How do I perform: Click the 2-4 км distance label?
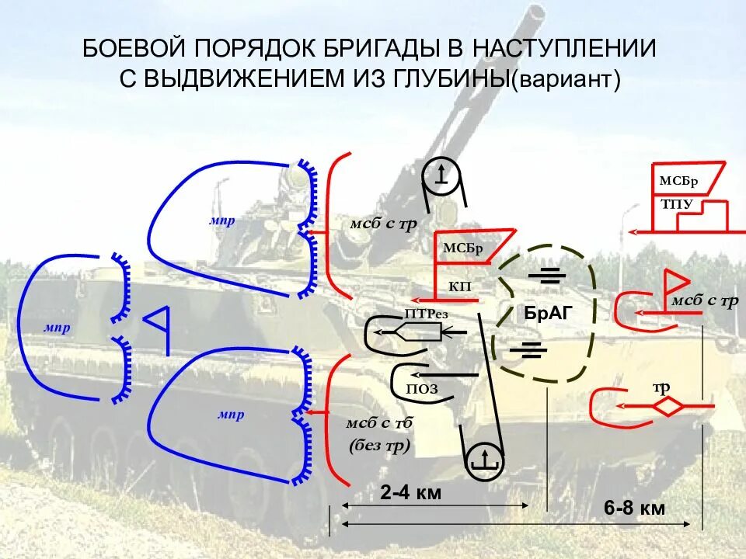pos(411,492)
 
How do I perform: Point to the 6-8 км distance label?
pos(634,509)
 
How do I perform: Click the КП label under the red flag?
pos(459,286)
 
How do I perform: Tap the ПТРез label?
pos(423,314)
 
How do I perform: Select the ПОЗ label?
pos(422,389)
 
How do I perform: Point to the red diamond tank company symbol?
pos(667,406)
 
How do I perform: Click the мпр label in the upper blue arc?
pos(221,220)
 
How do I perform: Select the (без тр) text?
pos(378,445)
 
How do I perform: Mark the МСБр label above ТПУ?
pos(678,181)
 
